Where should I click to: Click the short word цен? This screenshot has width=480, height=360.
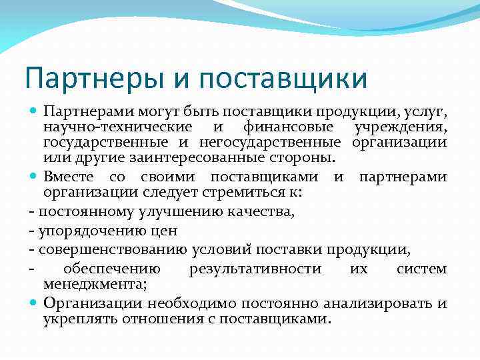[x=165, y=231]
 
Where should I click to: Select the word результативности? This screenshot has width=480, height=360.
[x=255, y=269]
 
